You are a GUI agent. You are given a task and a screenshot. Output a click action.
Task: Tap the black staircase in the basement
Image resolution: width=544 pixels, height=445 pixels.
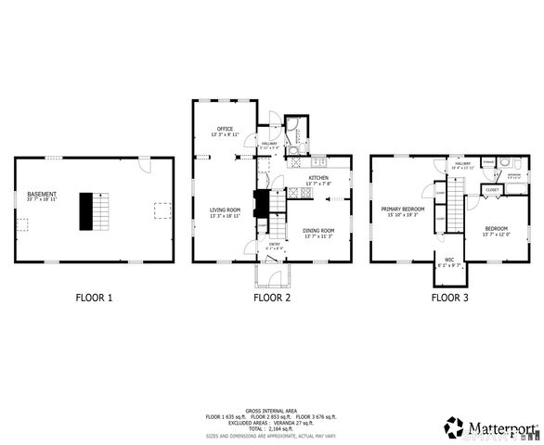(x=86, y=210)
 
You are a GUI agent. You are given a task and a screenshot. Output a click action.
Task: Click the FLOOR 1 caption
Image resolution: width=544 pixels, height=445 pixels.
(x=94, y=299)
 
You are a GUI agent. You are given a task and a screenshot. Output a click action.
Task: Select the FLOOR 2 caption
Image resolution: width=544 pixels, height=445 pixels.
(x=272, y=299)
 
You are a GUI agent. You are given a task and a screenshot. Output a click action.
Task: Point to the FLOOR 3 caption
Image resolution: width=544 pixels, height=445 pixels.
(x=449, y=299)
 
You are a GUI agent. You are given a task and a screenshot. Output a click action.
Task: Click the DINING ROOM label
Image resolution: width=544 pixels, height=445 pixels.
(x=318, y=233)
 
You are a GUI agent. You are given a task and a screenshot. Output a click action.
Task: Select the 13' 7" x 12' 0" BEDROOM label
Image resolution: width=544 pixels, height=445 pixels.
(x=497, y=231)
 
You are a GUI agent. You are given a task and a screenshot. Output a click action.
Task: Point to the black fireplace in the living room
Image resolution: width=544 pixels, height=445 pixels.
(x=261, y=203)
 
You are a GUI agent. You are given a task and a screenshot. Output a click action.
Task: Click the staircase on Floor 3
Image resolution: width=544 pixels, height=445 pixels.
(x=455, y=204)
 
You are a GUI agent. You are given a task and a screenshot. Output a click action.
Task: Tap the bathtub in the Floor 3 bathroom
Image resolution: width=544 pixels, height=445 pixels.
(x=516, y=188)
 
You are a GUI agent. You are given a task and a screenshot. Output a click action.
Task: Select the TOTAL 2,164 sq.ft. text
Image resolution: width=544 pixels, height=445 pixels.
(x=272, y=428)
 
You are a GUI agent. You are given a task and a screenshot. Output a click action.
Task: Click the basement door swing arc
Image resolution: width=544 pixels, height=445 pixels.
(x=144, y=164)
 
